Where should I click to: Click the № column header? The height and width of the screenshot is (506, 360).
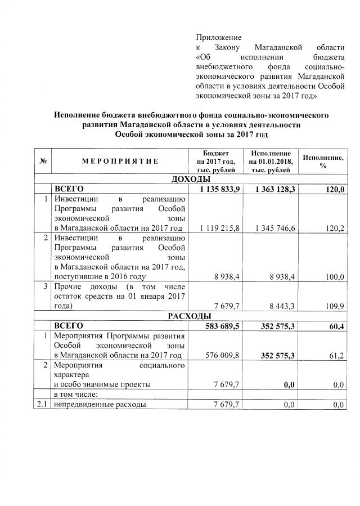tap(43, 161)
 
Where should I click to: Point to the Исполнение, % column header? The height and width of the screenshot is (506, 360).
tap(323, 161)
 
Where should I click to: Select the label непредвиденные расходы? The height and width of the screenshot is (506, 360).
tap(100, 405)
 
